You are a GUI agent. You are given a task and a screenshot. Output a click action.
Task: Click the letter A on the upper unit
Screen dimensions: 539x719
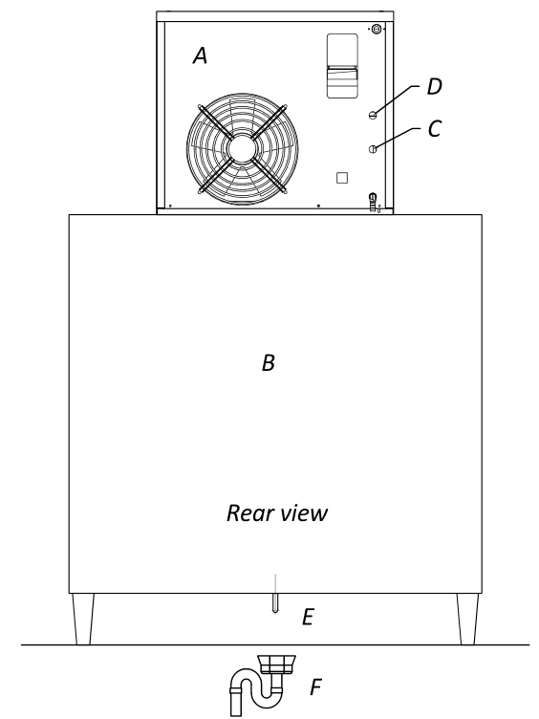point(201,56)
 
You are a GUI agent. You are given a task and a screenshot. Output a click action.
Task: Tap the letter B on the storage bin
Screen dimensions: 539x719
point(269,362)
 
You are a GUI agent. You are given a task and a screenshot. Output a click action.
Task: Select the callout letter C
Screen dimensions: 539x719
point(435,128)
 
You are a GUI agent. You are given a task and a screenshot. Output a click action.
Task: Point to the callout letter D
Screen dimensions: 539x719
point(435,87)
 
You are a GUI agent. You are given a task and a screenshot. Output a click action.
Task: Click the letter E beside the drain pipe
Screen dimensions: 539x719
point(308,618)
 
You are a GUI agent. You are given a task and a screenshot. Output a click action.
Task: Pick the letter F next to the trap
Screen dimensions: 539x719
point(315,686)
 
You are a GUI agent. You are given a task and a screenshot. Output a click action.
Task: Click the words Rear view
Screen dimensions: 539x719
point(277,513)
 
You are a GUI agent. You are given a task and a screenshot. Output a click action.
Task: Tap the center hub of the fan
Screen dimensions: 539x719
point(242,148)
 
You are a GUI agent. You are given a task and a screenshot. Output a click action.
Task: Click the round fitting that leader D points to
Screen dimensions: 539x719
point(373,115)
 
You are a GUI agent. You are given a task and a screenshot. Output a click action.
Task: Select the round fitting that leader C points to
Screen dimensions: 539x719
point(373,149)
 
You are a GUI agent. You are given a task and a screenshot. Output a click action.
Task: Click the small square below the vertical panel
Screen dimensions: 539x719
point(342,178)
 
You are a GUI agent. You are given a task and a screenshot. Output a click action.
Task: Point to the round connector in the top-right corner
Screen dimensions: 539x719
point(377,29)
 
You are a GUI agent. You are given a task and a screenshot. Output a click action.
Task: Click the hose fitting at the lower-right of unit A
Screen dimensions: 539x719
point(373,202)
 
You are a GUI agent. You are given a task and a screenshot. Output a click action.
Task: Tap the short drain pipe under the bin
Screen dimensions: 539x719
point(274,602)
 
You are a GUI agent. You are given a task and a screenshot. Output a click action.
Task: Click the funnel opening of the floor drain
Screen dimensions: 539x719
point(277,665)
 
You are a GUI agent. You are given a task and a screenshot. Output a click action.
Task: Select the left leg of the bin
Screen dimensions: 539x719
point(83,619)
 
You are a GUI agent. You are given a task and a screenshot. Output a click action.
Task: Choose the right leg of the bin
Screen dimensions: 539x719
point(468,619)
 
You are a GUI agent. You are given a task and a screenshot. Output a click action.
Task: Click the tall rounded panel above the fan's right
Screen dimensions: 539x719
point(342,66)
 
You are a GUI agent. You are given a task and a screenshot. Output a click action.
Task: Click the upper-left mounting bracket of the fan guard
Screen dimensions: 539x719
point(215,121)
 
